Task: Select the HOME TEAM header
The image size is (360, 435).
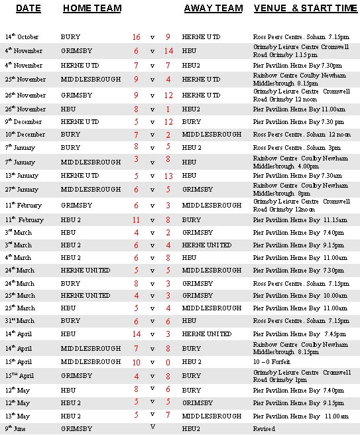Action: tap(91, 8)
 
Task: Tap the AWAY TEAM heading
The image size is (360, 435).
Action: tap(213, 8)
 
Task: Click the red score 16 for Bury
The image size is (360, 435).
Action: tap(136, 37)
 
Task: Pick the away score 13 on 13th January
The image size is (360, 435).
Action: tap(168, 176)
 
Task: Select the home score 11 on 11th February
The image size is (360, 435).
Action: tap(136, 219)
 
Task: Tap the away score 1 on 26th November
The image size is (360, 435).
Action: tap(168, 109)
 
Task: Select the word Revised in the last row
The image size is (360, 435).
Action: tap(264, 429)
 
